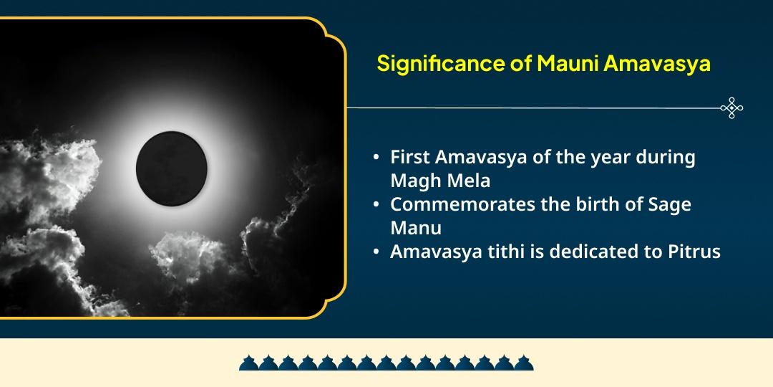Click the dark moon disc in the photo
click(x=171, y=166)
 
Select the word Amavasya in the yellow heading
click(x=656, y=64)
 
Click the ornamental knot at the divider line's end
click(x=731, y=108)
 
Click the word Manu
click(x=416, y=227)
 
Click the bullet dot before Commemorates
click(x=376, y=204)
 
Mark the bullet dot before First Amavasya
click(x=376, y=158)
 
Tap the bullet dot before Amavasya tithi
click(x=376, y=252)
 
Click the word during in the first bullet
click(x=665, y=157)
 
